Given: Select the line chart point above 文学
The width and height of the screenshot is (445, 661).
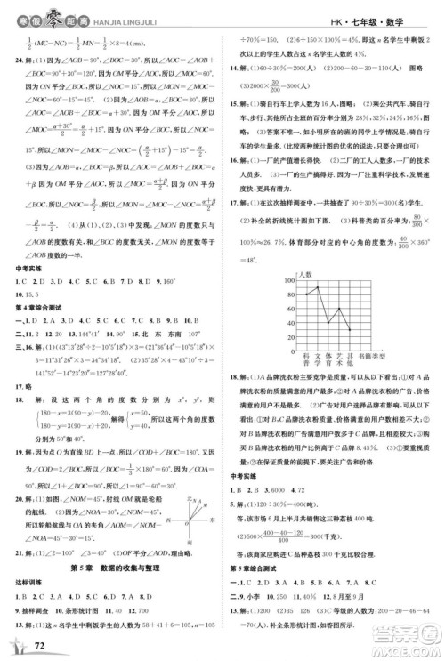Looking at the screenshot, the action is point(318,286).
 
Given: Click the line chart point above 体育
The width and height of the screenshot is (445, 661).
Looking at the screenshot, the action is point(328,322).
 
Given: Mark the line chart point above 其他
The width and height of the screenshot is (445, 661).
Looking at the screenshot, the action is point(350,328).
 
